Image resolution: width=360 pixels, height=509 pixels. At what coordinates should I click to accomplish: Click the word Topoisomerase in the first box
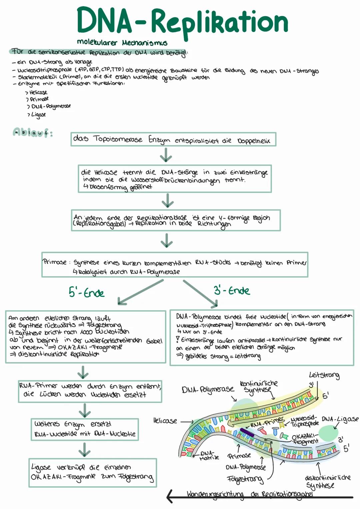pyautogui.click(x=118, y=139)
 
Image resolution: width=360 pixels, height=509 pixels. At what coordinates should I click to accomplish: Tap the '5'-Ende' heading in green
pyautogui.click(x=86, y=293)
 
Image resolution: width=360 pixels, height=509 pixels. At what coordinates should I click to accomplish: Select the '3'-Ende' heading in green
pyautogui.click(x=232, y=290)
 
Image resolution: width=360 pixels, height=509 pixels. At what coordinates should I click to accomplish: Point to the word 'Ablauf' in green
pyautogui.click(x=33, y=133)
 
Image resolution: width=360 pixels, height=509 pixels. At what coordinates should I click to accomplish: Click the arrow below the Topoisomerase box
pyautogui.click(x=166, y=155)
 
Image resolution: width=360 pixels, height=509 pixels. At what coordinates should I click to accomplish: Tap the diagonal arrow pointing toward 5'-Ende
pyautogui.click(x=140, y=292)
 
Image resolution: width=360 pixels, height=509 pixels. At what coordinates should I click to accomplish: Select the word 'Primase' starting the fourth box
pyautogui.click(x=55, y=262)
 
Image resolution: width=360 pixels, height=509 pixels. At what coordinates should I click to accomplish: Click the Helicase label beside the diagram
pyautogui.click(x=165, y=421)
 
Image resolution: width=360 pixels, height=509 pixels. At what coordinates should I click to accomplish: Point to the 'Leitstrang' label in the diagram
pyautogui.click(x=324, y=376)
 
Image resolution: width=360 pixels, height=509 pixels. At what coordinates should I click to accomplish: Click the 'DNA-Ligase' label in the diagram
pyautogui.click(x=340, y=419)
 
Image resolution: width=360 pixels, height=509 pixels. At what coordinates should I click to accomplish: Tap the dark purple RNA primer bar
pyautogui.click(x=247, y=432)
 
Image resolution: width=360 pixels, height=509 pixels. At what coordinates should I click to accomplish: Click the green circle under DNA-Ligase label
pyautogui.click(x=328, y=433)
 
